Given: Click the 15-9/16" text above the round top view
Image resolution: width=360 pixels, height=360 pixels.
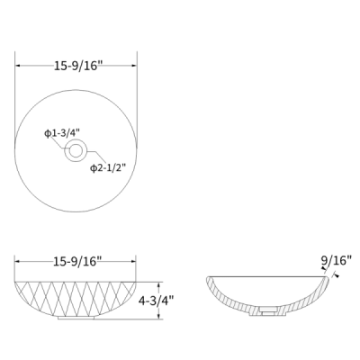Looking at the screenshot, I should coord(76,64).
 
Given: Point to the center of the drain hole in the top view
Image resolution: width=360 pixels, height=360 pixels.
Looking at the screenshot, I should coord(76,150).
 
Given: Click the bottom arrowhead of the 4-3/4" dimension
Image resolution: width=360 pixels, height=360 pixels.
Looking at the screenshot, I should coord(159,317).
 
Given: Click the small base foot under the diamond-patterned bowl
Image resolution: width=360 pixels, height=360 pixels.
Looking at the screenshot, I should coord(76,317).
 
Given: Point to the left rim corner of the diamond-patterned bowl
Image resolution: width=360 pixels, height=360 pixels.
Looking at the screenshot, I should coord(17,281).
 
